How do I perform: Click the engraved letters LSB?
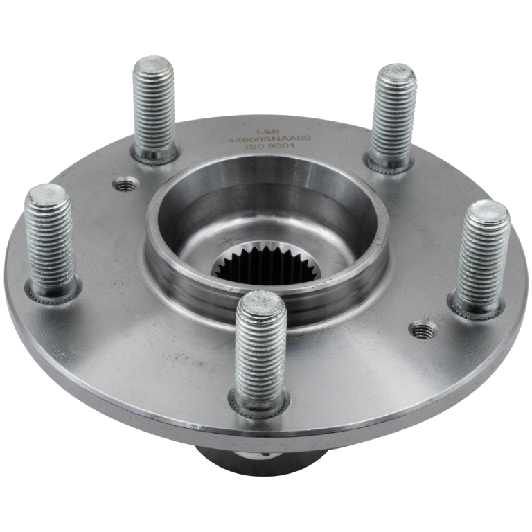click(x=265, y=129)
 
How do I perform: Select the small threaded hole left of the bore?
click(x=125, y=184)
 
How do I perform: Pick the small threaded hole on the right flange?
click(x=420, y=330)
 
